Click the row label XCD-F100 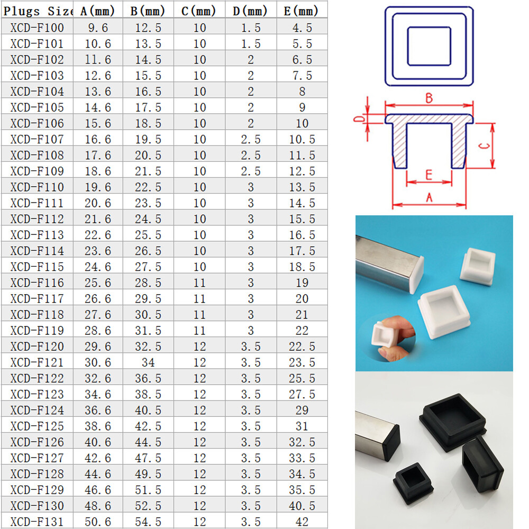[x=37, y=28]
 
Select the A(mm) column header [x=97, y=11]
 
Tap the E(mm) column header [x=302, y=11]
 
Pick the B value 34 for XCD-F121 [x=149, y=362]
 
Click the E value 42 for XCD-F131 [x=302, y=522]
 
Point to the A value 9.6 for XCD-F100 [x=98, y=28]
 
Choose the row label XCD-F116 [x=37, y=282]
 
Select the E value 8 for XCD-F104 [x=302, y=92]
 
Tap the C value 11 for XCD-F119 [x=200, y=331]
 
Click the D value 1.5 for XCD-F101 [x=251, y=43]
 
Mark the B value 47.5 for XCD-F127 [x=149, y=458]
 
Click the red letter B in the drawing [x=429, y=98]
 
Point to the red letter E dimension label [x=429, y=175]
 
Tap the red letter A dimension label [x=429, y=197]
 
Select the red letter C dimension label [x=485, y=146]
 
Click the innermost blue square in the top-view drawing [x=407, y=46]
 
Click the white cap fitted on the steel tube [x=417, y=274]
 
